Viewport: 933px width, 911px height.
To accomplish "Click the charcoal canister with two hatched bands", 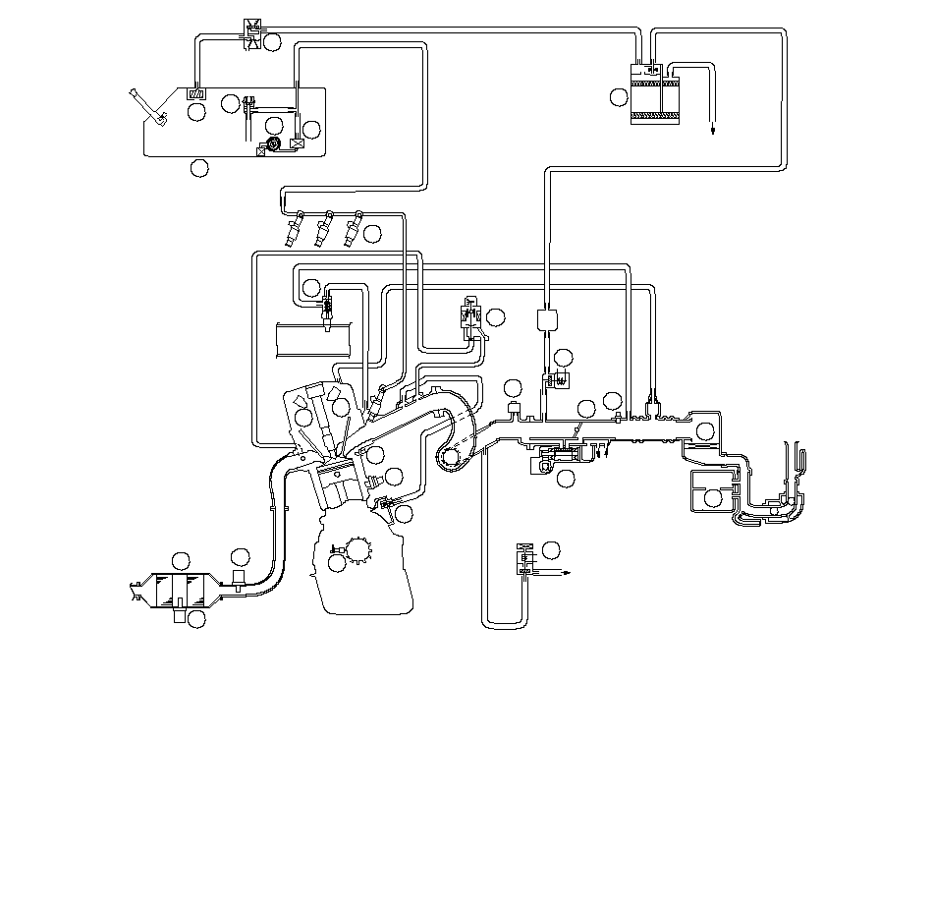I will coord(648,94).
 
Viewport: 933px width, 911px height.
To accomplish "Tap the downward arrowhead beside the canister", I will coord(713,129).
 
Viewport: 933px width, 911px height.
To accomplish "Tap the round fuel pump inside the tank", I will coord(274,144).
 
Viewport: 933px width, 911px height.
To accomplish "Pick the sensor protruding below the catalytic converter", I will coord(178,616).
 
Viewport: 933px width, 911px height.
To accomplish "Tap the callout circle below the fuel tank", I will coord(199,168).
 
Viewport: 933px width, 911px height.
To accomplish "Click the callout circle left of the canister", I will coord(618,96).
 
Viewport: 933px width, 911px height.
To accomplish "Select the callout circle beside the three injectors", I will coord(372,233).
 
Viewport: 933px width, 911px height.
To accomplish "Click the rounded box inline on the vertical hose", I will coord(547,319).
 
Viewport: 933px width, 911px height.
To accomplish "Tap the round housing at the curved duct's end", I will coord(451,456).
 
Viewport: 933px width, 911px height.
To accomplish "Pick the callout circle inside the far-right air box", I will coord(714,498).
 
